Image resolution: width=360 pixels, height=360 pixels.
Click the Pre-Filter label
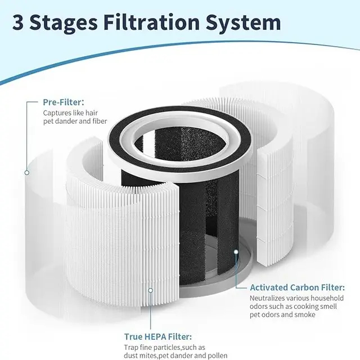click(x=64, y=103)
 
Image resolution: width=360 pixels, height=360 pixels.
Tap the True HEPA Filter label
click(x=158, y=336)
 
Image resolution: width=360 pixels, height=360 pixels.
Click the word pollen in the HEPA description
click(x=216, y=355)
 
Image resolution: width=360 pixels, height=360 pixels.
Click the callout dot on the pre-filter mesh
click(x=26, y=172)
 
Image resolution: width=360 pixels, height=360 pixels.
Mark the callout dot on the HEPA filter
click(x=150, y=290)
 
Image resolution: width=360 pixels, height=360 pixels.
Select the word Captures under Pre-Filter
click(x=57, y=113)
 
